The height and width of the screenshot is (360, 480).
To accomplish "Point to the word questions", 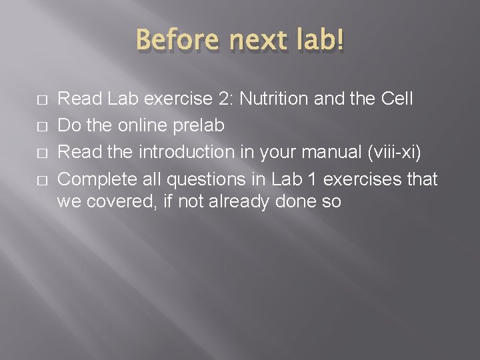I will pos(207,179).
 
